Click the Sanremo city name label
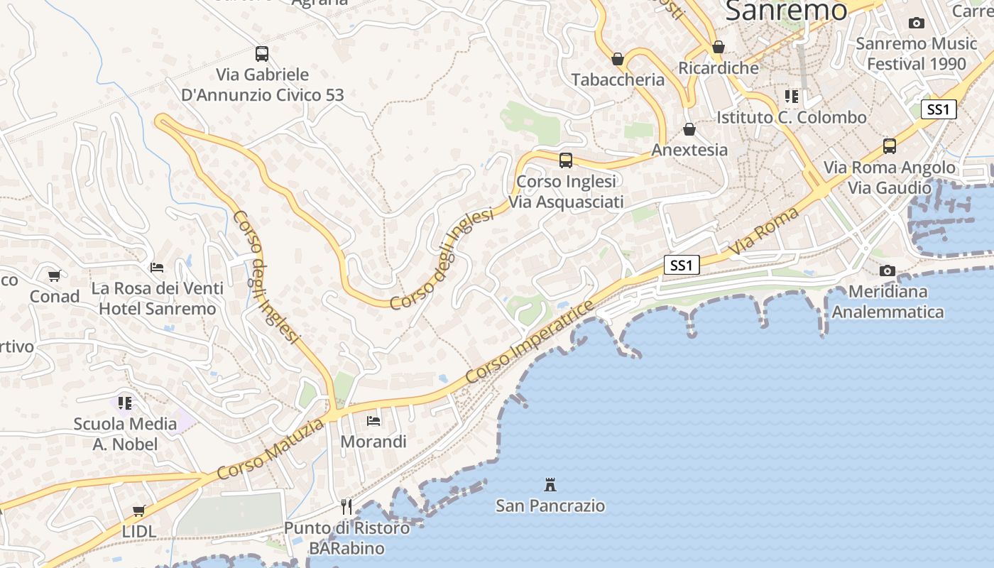[x=786, y=10]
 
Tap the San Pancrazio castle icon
[x=550, y=485]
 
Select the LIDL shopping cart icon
[x=138, y=511]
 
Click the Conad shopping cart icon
[x=54, y=275]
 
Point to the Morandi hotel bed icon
[x=373, y=421]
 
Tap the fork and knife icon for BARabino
[x=346, y=506]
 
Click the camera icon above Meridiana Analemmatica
[x=887, y=271]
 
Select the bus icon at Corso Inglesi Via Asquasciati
[x=565, y=160]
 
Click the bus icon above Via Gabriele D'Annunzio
[x=261, y=53]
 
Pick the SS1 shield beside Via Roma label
[x=682, y=266]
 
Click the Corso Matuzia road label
[x=271, y=449]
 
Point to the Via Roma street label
[x=764, y=232]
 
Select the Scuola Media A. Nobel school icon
[x=125, y=403]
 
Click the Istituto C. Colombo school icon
[x=791, y=96]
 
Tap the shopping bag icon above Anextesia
[x=689, y=129]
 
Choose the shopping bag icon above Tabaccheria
[x=618, y=59]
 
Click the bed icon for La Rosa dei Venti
[x=157, y=268]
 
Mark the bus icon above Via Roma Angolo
[x=889, y=146]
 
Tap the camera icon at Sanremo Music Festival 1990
[x=916, y=23]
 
